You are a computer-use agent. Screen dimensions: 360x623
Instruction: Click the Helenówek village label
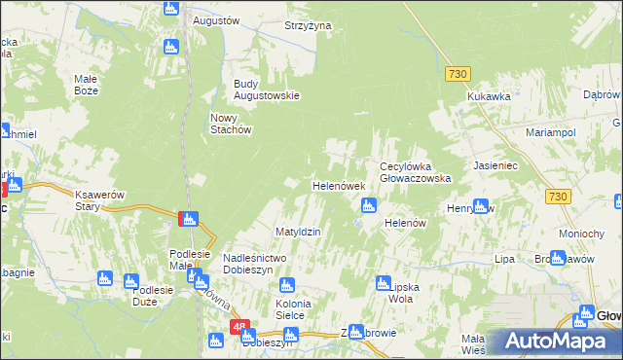click(338, 185)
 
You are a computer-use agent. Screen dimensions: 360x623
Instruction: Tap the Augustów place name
click(216, 19)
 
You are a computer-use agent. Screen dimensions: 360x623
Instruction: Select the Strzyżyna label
click(308, 25)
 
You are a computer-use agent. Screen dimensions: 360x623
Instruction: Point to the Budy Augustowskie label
click(266, 90)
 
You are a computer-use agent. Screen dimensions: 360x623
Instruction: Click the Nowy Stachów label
click(232, 124)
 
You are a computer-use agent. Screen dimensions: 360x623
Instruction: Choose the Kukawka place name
click(489, 96)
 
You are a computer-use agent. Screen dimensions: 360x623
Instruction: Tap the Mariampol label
click(551, 131)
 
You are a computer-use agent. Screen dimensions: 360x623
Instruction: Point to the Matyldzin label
click(298, 232)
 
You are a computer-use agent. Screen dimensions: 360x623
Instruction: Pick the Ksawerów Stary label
click(101, 200)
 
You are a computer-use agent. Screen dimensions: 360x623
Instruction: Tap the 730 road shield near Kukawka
click(458, 74)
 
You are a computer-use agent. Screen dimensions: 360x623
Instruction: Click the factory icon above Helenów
click(369, 204)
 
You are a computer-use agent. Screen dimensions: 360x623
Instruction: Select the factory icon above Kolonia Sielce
click(286, 285)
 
